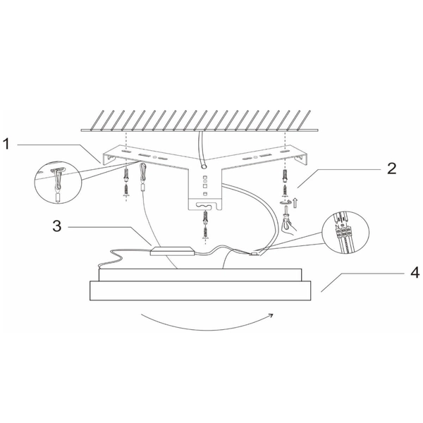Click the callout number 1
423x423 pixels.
6,144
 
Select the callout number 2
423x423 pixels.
392,168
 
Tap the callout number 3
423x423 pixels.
57,226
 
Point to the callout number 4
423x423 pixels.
415,272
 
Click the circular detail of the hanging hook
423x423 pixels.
59,183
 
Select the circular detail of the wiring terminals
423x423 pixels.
345,232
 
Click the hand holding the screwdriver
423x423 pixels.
288,226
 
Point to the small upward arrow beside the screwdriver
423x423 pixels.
295,203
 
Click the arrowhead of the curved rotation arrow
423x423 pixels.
271,315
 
